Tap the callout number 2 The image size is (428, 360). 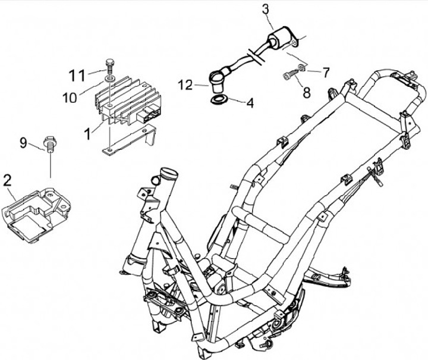pos(8,180)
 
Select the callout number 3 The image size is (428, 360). pos(265,10)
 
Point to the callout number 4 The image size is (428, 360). pos(250,104)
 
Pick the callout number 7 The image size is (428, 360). pos(326,73)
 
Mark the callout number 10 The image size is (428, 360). pos(70,97)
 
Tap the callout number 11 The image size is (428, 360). pos(77,76)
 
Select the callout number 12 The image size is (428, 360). pos(185,86)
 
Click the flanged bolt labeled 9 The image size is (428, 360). pos(50,143)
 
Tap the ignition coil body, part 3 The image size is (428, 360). pos(279,43)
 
